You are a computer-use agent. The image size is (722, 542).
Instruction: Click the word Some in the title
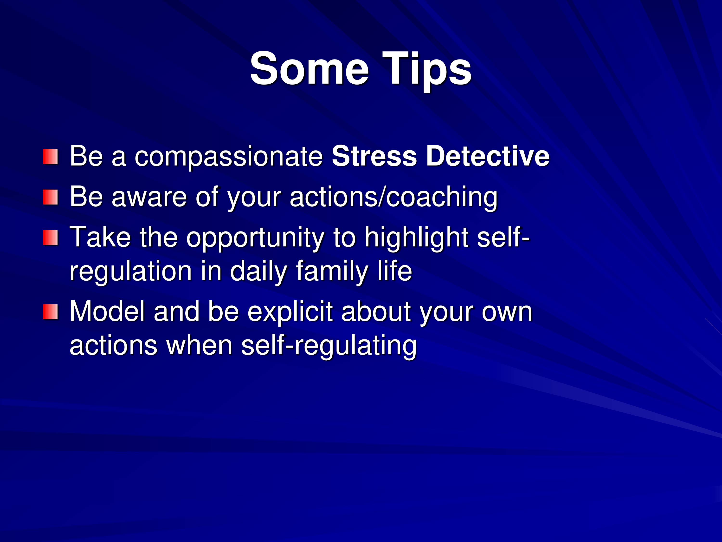pyautogui.click(x=309, y=69)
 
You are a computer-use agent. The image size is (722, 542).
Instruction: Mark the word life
pyautogui.click(x=395, y=270)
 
